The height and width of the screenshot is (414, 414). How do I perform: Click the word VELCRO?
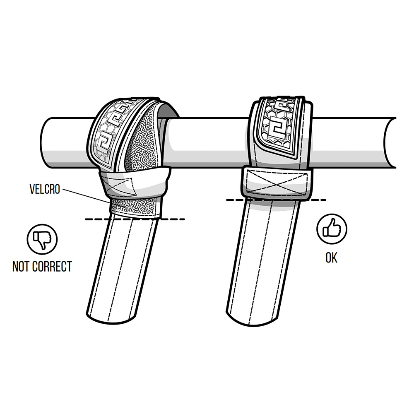(45, 189)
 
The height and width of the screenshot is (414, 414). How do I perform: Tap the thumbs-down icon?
(42, 239)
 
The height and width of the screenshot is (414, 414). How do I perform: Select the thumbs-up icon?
(332, 229)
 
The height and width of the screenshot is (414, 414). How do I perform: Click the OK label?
(331, 258)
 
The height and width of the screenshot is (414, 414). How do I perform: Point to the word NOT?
(21, 266)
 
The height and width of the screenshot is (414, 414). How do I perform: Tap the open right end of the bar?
(390, 142)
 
